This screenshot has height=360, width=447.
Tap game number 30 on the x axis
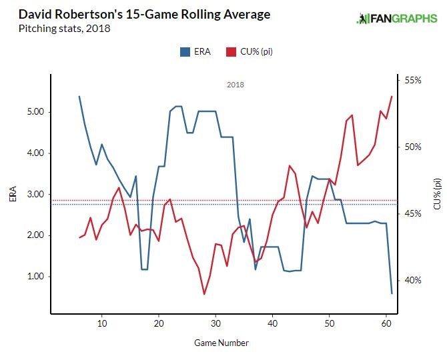tap(215, 323)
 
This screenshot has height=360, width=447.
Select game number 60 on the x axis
tap(386, 323)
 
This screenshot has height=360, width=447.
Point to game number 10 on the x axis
tap(102, 323)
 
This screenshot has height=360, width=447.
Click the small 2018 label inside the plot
tap(236, 85)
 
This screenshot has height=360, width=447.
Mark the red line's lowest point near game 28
tap(204, 294)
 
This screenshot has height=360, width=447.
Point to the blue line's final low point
tap(392, 293)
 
